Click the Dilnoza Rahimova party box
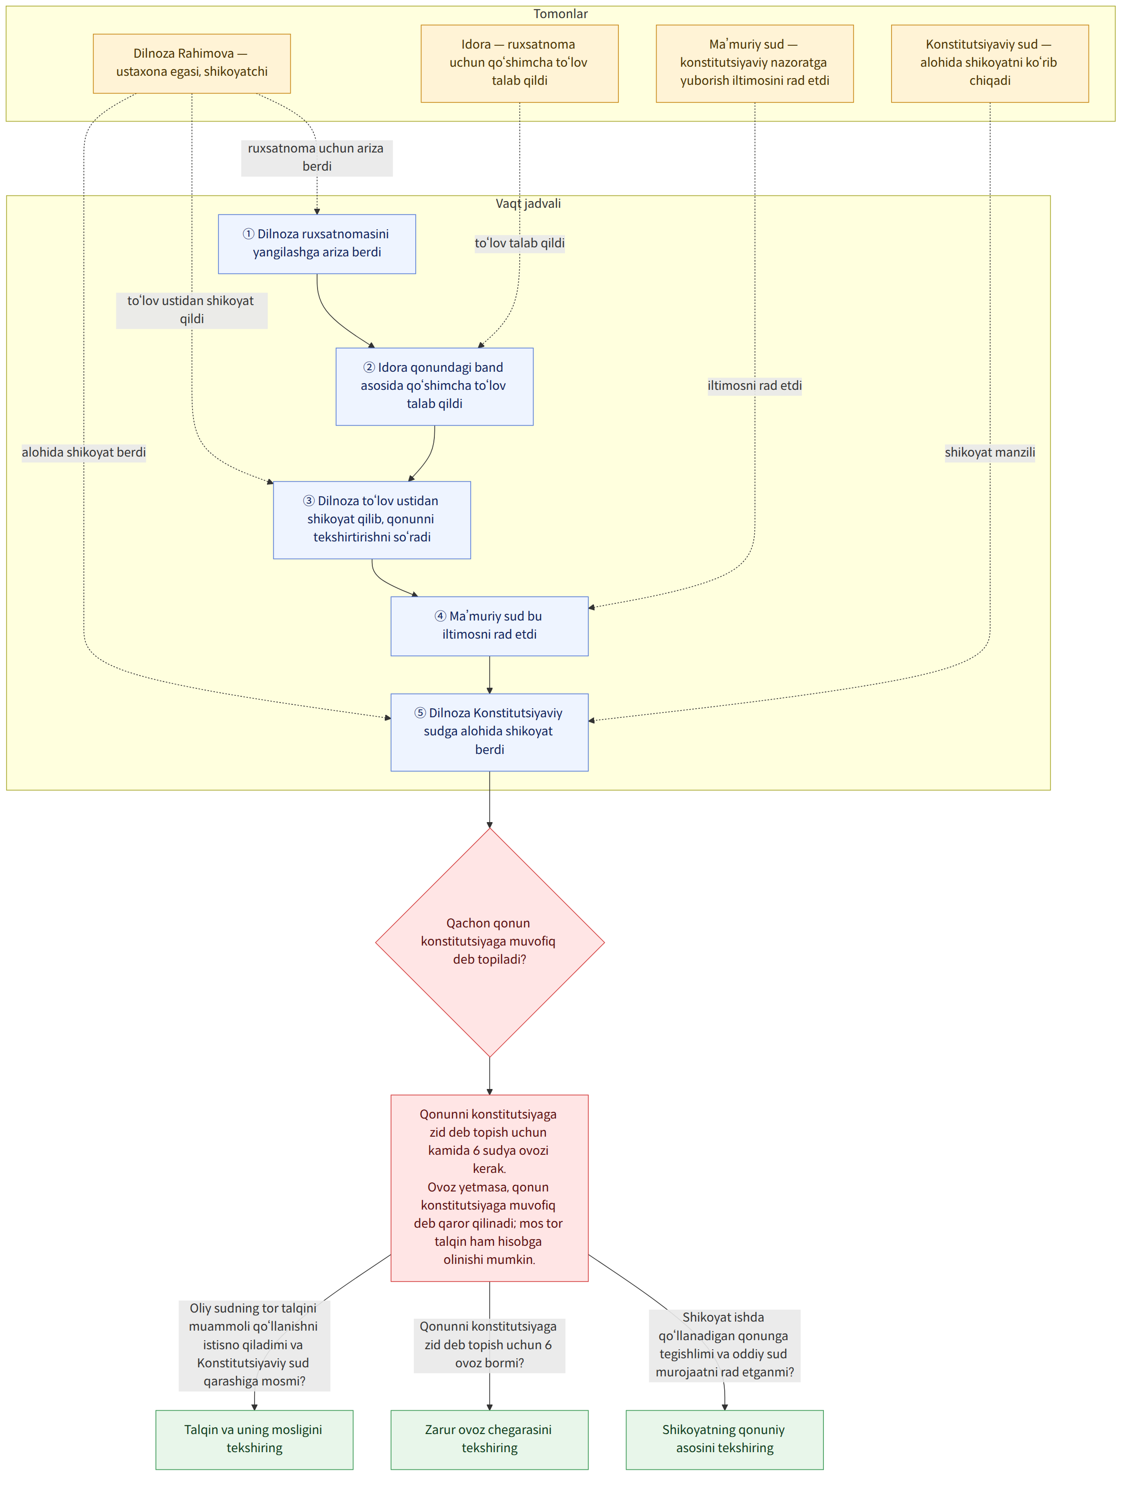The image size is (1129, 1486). [x=192, y=63]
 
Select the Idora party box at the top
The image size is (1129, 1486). [x=520, y=63]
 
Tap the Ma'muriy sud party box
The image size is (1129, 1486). [x=755, y=63]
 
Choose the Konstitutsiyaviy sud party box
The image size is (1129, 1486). [x=990, y=63]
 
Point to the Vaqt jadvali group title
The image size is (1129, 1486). [x=528, y=204]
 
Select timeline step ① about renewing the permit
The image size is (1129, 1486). [x=317, y=244]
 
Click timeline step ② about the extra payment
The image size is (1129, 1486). [x=435, y=387]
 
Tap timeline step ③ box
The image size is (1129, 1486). [x=371, y=520]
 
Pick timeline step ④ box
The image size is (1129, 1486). [x=489, y=626]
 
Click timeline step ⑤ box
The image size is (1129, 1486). [x=489, y=732]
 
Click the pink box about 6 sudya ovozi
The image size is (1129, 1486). [x=489, y=1188]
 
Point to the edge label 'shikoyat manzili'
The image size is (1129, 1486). [x=990, y=452]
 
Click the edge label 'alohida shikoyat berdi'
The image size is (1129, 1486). [x=84, y=452]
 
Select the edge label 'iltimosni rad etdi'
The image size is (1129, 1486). [x=755, y=386]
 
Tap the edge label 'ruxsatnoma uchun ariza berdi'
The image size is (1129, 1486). [x=317, y=157]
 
